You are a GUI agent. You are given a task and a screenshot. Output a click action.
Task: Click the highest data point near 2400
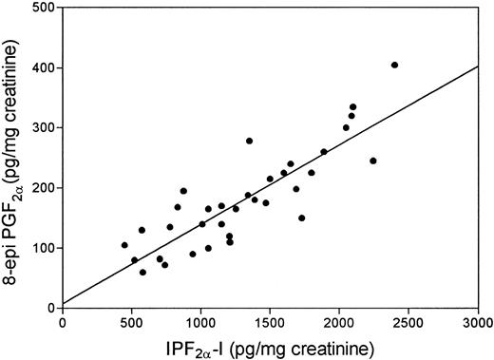(x=394, y=66)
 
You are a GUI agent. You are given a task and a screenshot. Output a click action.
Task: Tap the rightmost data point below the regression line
(x=372, y=161)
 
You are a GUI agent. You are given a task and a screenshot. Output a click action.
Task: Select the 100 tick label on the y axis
(x=45, y=248)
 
